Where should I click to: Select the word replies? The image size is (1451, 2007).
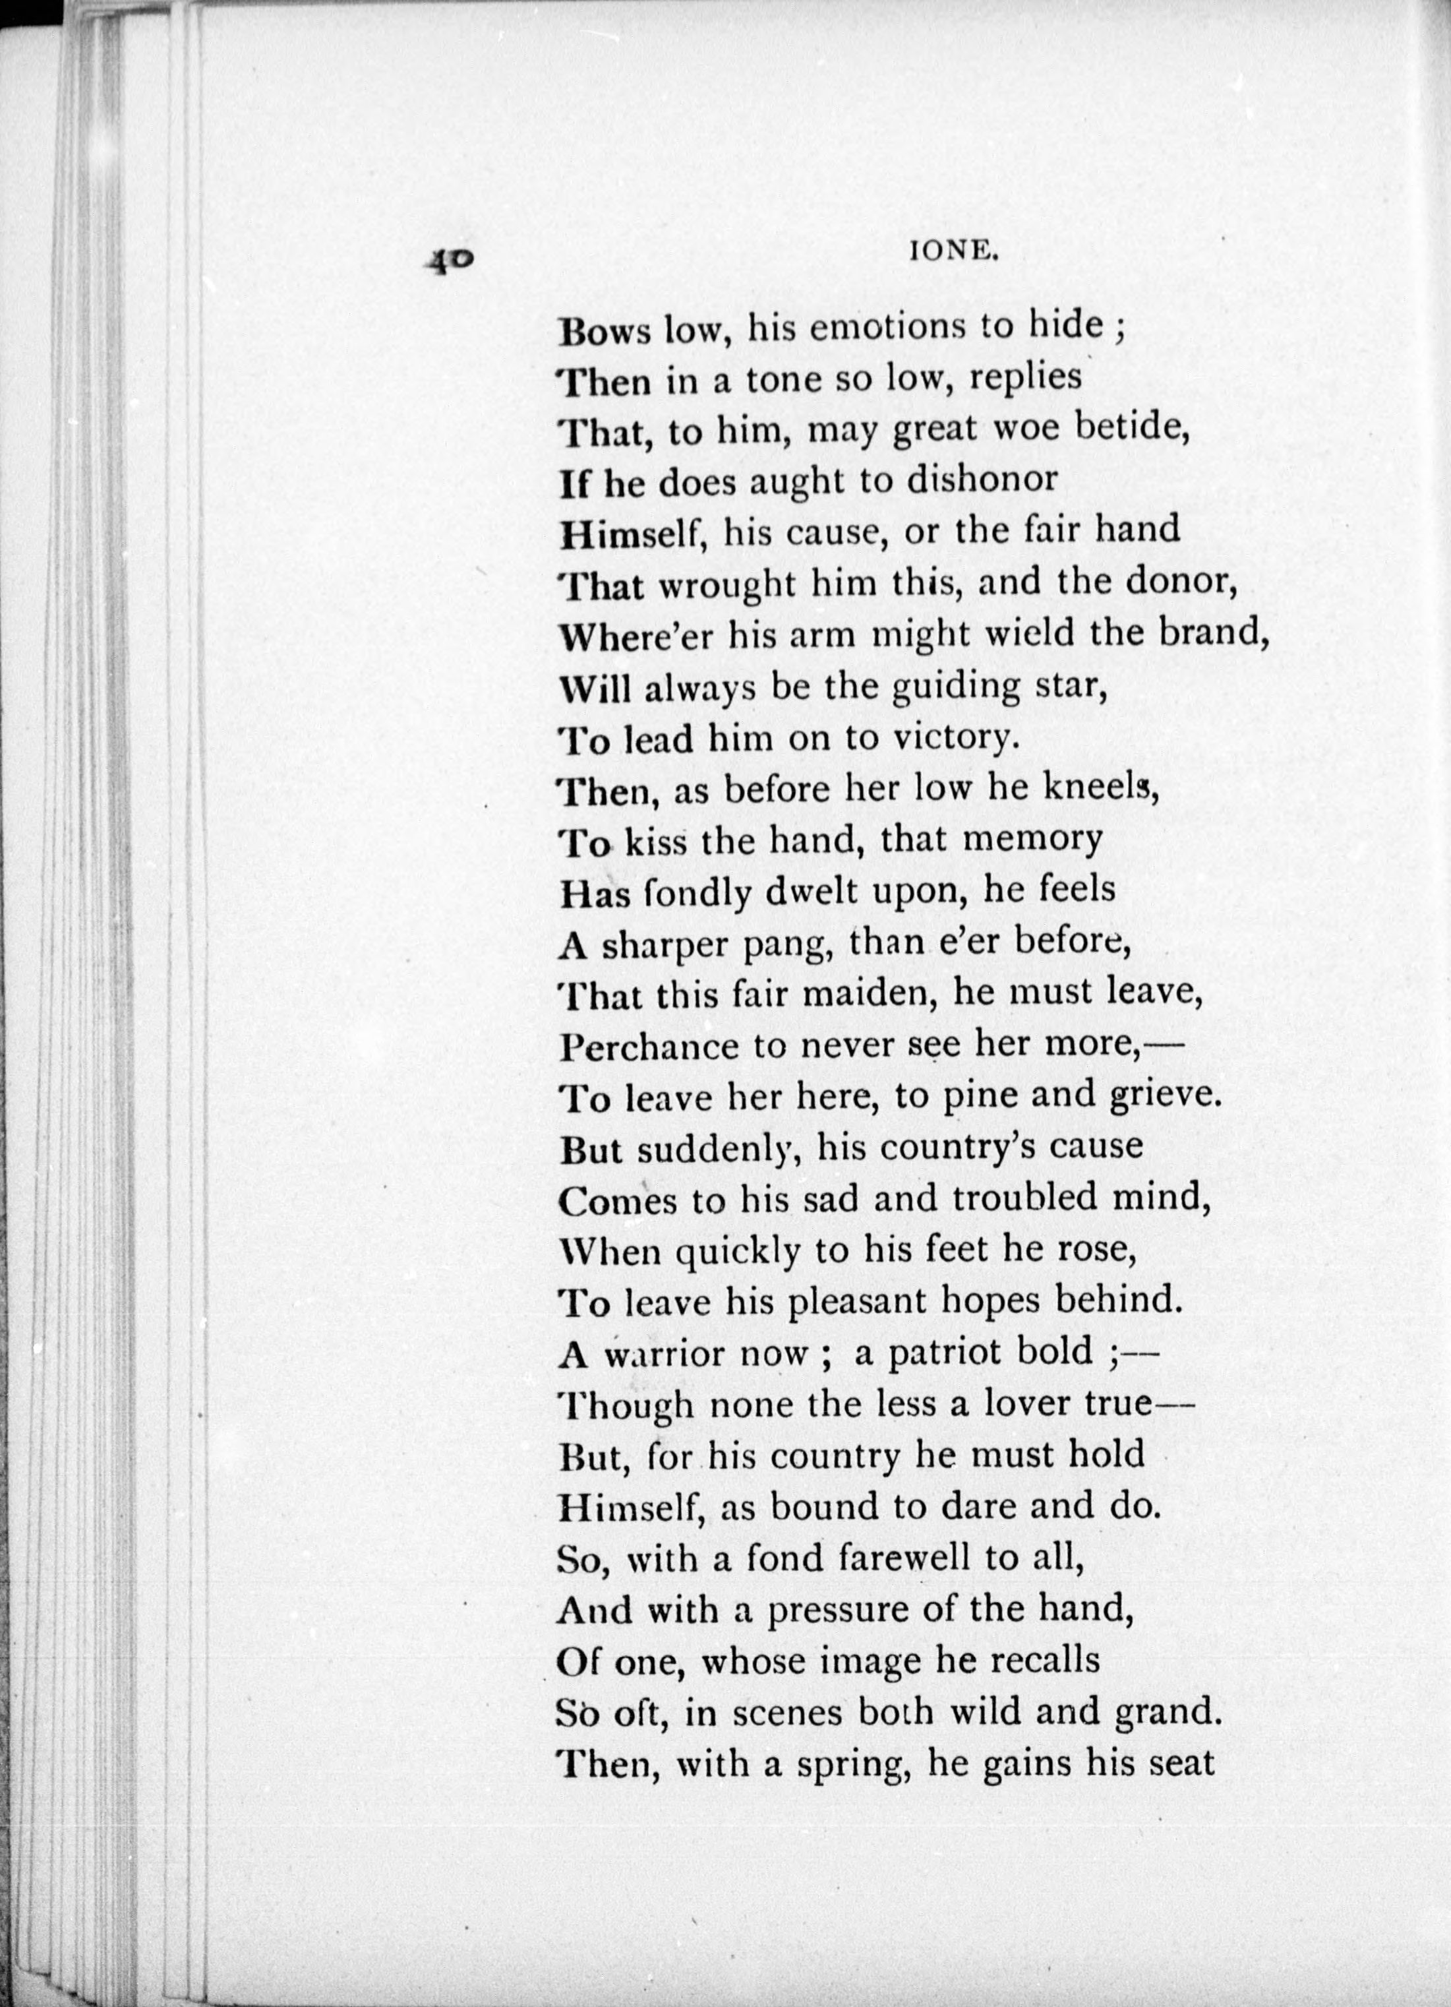pyautogui.click(x=1025, y=379)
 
